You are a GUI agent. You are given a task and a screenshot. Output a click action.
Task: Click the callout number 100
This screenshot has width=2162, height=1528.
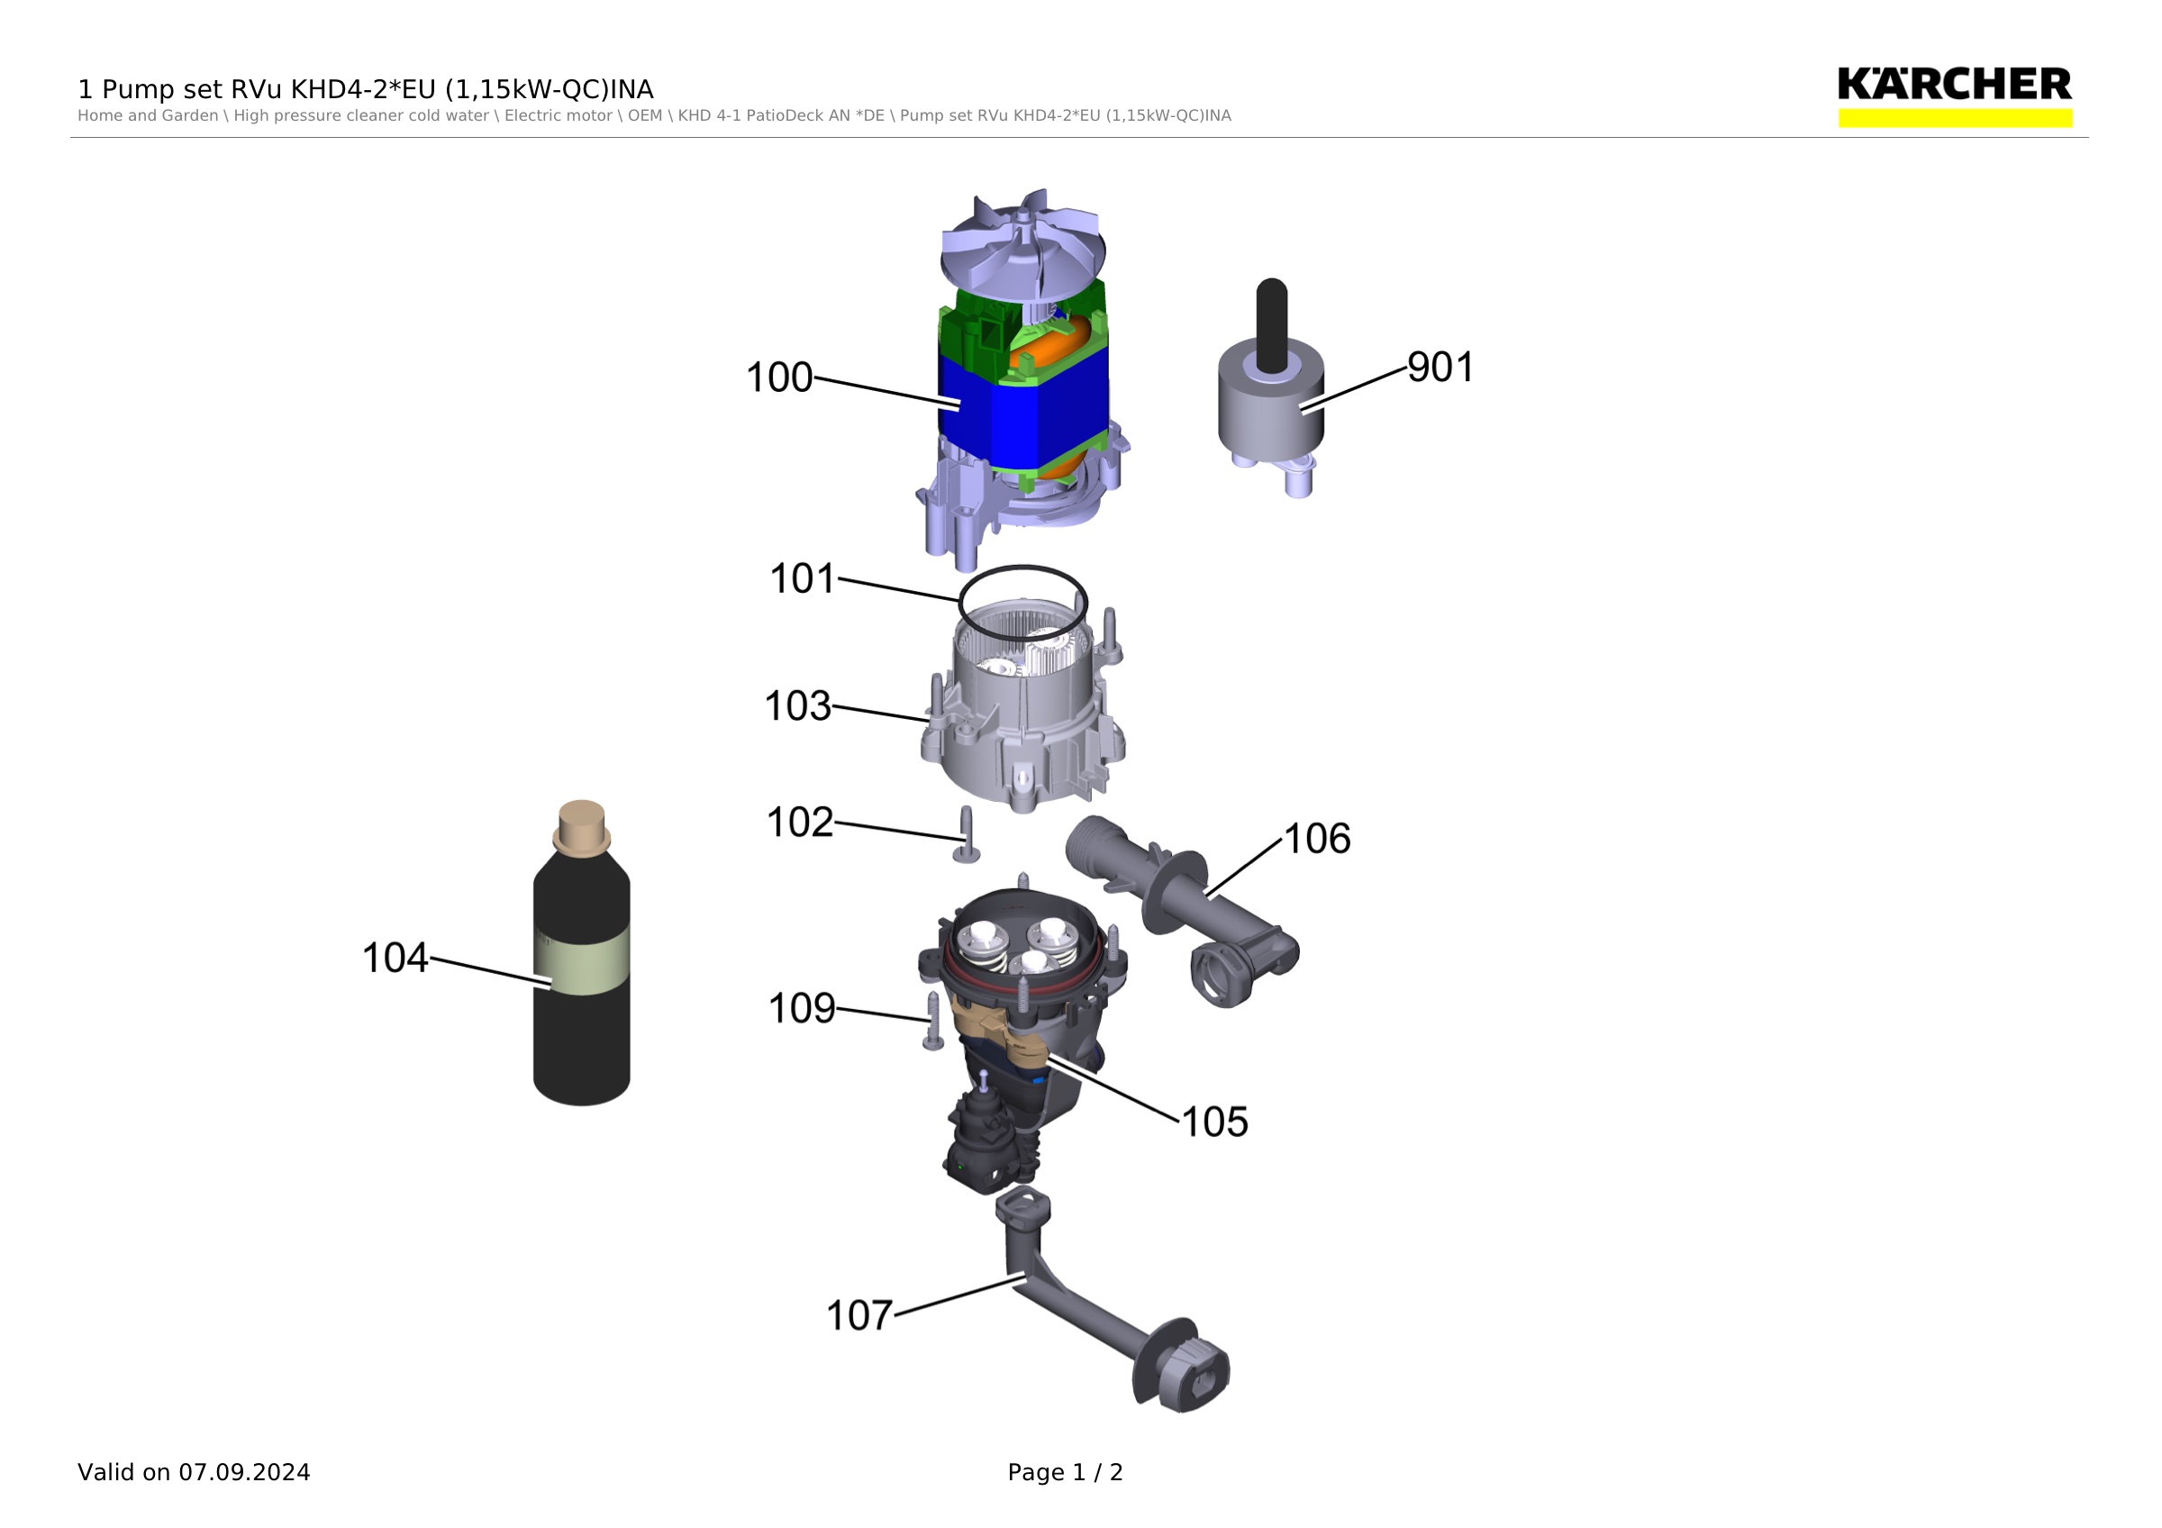pyautogui.click(x=778, y=377)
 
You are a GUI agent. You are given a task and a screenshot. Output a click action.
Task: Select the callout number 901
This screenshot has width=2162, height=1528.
pyautogui.click(x=1440, y=368)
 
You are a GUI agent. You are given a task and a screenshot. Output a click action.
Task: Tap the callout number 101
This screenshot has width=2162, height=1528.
pyautogui.click(x=803, y=579)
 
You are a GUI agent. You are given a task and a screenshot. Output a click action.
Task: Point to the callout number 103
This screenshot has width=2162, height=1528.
pyautogui.click(x=797, y=706)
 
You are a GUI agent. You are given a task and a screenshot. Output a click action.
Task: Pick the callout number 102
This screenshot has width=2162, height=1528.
pyautogui.click(x=799, y=822)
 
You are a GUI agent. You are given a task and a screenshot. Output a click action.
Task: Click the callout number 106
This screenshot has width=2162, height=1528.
pyautogui.click(x=1317, y=839)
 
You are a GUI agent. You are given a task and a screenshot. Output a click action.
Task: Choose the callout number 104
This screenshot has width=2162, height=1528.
pyautogui.click(x=395, y=959)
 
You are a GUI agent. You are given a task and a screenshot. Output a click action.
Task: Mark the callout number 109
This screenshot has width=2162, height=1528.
pyautogui.click(x=802, y=1008)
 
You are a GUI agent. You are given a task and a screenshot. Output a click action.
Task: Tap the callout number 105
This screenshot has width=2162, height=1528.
pyautogui.click(x=1214, y=1123)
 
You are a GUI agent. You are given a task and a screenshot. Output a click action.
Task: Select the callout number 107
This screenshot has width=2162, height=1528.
pyautogui.click(x=858, y=1316)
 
